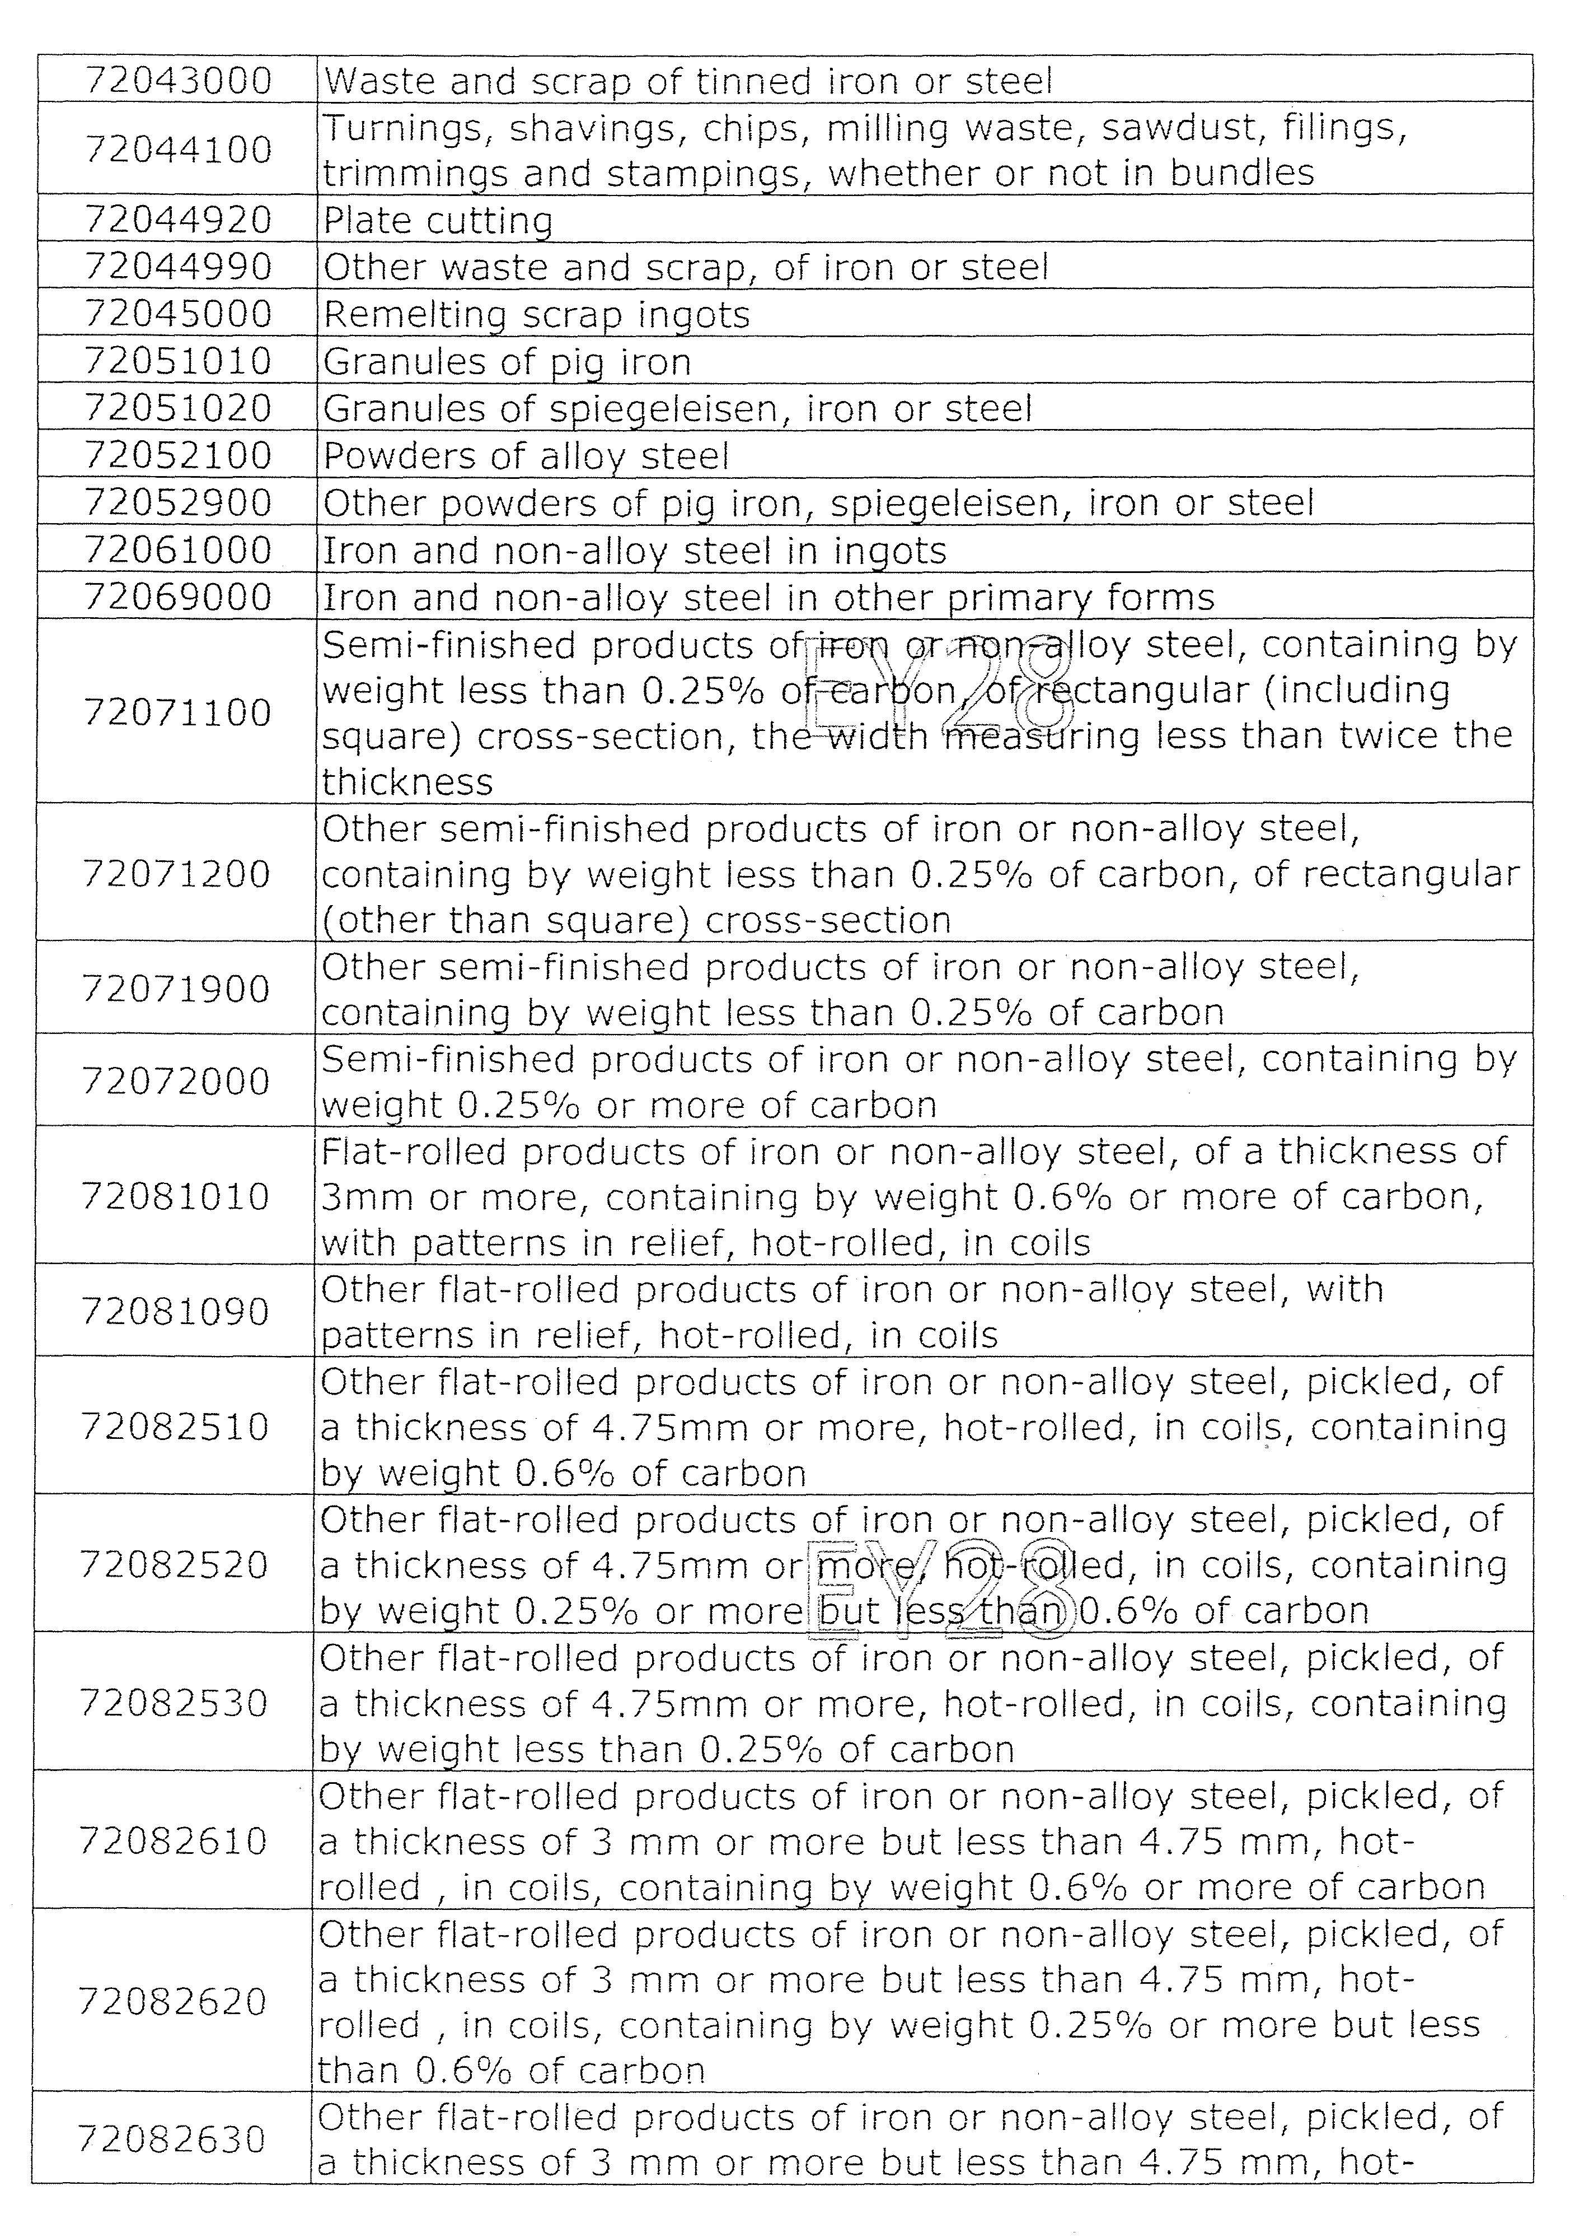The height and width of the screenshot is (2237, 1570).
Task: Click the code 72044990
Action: click(x=178, y=267)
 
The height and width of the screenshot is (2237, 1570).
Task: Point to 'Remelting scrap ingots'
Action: click(x=536, y=315)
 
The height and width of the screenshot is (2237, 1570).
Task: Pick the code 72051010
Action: click(x=178, y=361)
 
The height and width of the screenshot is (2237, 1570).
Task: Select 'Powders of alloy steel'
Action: click(x=526, y=456)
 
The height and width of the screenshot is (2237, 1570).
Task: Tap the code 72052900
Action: click(x=178, y=503)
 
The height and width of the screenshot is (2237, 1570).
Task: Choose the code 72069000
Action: click(x=178, y=596)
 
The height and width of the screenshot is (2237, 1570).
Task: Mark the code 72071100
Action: click(x=177, y=712)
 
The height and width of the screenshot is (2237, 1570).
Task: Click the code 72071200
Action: click(x=176, y=874)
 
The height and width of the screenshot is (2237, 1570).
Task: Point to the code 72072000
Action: click(x=176, y=1080)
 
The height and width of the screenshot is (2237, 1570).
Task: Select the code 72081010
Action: click(x=175, y=1196)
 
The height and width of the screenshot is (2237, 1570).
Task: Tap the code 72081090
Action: click(x=175, y=1311)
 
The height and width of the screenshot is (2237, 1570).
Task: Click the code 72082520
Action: click(x=174, y=1565)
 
